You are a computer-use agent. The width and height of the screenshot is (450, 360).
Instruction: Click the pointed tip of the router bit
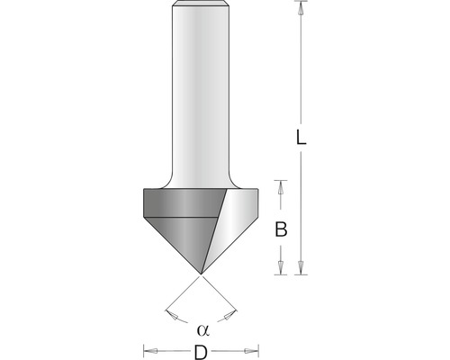click(201, 272)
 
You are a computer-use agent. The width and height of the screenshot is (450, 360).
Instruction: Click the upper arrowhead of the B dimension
click(281, 187)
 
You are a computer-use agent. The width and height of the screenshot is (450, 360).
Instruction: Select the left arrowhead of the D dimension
click(149, 350)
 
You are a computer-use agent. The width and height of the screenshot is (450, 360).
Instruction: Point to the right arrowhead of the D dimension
click(253, 350)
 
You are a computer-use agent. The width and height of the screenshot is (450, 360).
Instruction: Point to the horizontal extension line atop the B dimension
click(280, 180)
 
